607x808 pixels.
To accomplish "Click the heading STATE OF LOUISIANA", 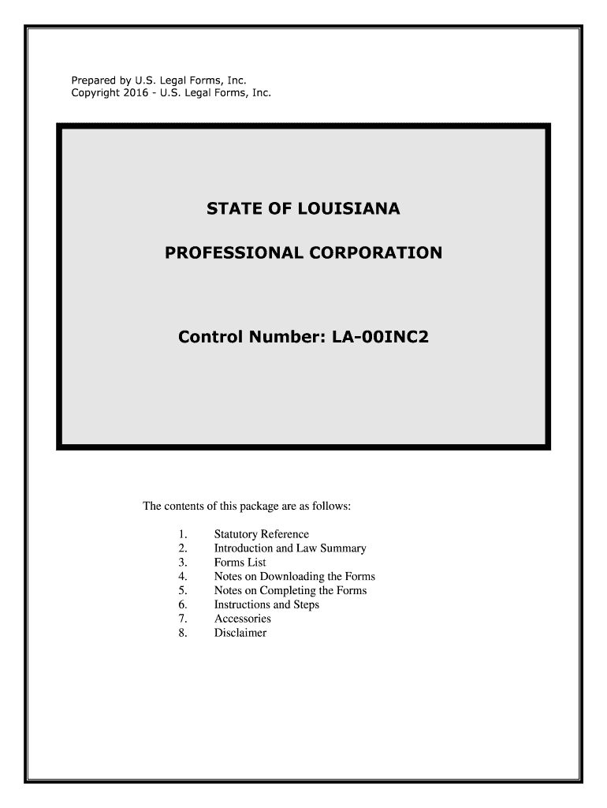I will pos(303,209).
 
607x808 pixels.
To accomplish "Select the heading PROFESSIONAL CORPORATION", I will pos(303,253).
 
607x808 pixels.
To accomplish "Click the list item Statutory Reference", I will pos(262,534).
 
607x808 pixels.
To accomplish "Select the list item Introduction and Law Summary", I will pos(290,548).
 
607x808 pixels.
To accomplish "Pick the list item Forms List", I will pos(240,563).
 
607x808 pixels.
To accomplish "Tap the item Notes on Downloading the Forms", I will pos(294,577).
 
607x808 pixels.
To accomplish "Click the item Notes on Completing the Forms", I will pos(290,590).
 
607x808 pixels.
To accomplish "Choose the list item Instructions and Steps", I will pos(266,604).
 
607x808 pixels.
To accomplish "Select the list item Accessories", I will pos(242,619).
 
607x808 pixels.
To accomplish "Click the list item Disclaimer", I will pos(240,633).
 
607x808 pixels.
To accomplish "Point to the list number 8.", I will pos(183,633).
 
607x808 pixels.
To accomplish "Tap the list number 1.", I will pos(183,534).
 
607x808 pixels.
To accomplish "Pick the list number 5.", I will pos(183,590).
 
